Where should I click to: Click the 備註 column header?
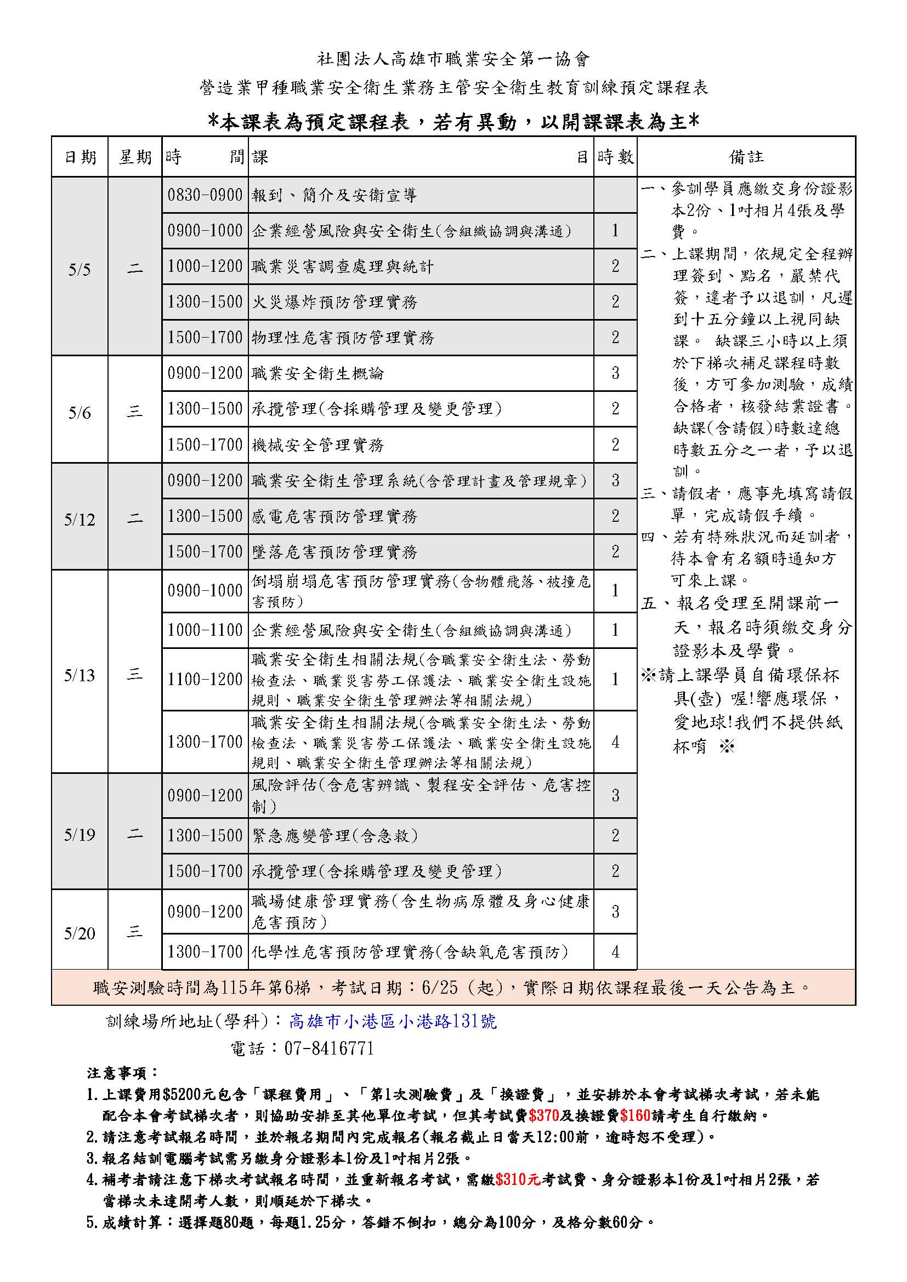pyautogui.click(x=746, y=157)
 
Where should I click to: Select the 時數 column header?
pyautogui.click(x=615, y=157)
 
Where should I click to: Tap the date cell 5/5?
pyautogui.click(x=80, y=270)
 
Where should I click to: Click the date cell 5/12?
pyautogui.click(x=80, y=520)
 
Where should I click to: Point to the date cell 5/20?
pyautogui.click(x=80, y=933)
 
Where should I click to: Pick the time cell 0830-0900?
pyautogui.click(x=205, y=195)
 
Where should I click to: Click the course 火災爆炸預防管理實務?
pyautogui.click(x=335, y=302)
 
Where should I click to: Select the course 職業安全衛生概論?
pyautogui.click(x=318, y=374)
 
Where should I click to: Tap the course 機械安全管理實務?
pyautogui.click(x=318, y=445)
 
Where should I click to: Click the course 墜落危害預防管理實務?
pyautogui.click(x=335, y=552)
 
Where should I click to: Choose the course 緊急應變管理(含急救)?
pyautogui.click(x=335, y=836)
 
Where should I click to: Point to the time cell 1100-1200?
pyautogui.click(x=205, y=680)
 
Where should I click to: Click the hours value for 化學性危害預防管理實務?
pyautogui.click(x=615, y=952)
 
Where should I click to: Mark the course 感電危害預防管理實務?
pyautogui.click(x=335, y=516)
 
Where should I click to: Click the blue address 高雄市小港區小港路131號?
pyautogui.click(x=393, y=1021)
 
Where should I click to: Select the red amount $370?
pyautogui.click(x=543, y=1116)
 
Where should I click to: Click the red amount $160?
pyautogui.click(x=635, y=1116)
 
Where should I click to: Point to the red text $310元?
pyautogui.click(x=518, y=1180)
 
